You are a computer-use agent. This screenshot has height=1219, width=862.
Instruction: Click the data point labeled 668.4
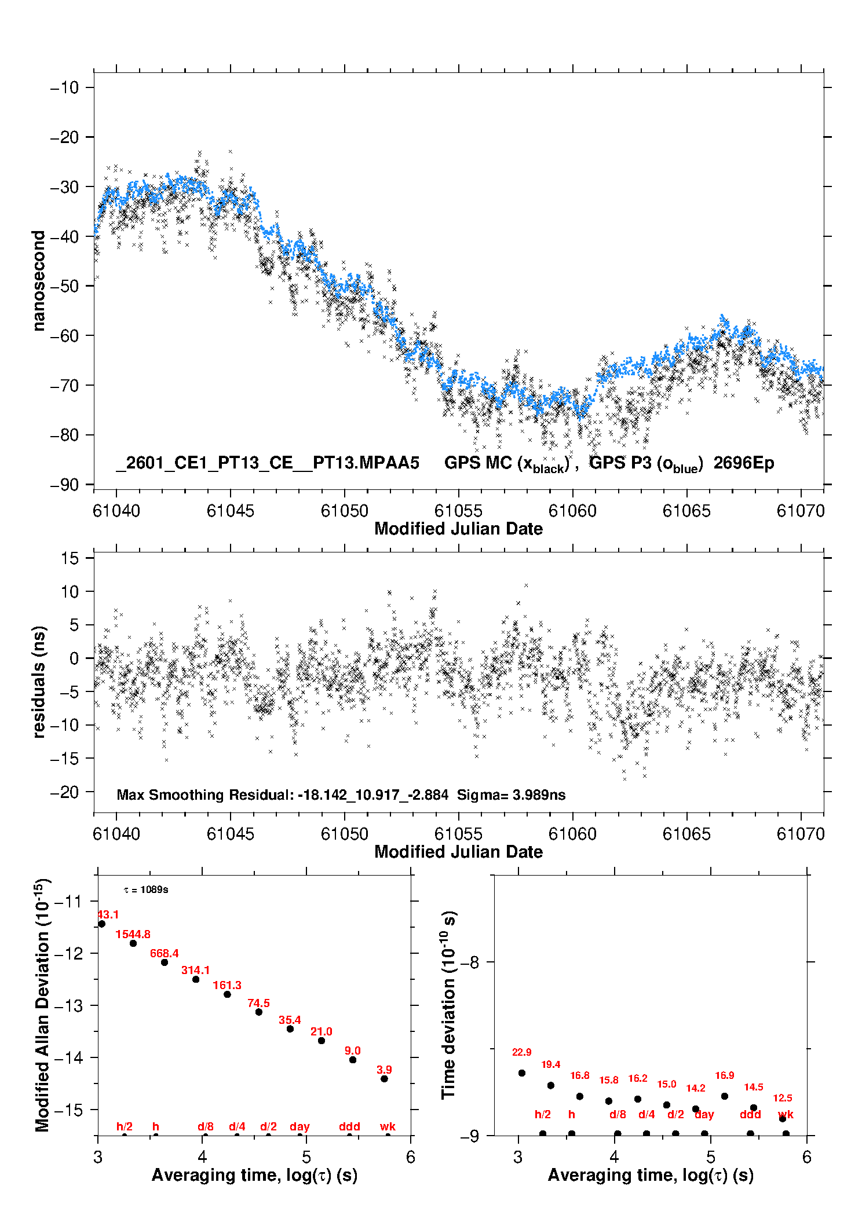point(165,962)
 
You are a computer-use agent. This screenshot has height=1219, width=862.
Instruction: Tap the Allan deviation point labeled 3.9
point(384,1079)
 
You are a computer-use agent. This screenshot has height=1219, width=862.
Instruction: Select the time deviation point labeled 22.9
point(522,1073)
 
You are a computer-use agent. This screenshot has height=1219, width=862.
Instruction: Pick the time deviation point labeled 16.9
point(725,1096)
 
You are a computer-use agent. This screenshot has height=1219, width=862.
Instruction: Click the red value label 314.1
point(195,970)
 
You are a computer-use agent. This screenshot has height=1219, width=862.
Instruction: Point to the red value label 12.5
point(783,1098)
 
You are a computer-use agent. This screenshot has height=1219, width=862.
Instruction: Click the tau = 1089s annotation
point(146,889)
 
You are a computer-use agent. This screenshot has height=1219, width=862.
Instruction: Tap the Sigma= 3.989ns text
point(511,795)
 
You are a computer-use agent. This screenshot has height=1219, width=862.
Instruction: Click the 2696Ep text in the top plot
point(744,463)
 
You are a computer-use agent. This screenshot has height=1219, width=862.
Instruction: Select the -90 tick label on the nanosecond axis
point(64,485)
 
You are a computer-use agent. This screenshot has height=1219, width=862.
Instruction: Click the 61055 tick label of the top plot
point(458,511)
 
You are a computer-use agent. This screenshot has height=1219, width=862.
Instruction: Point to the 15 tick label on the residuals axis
point(70,558)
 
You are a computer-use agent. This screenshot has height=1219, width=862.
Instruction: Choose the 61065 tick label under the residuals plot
point(686,834)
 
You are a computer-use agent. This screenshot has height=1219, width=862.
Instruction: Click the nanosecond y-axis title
point(39,281)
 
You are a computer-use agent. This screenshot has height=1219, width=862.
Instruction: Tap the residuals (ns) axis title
point(39,682)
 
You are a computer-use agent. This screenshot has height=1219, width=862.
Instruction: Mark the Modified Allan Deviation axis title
point(42,1005)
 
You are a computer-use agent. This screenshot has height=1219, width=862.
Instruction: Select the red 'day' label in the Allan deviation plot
point(299,1126)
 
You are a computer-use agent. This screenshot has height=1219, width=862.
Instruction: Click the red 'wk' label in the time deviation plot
point(786,1114)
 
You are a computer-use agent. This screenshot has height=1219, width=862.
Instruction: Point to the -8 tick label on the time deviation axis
point(470,962)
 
